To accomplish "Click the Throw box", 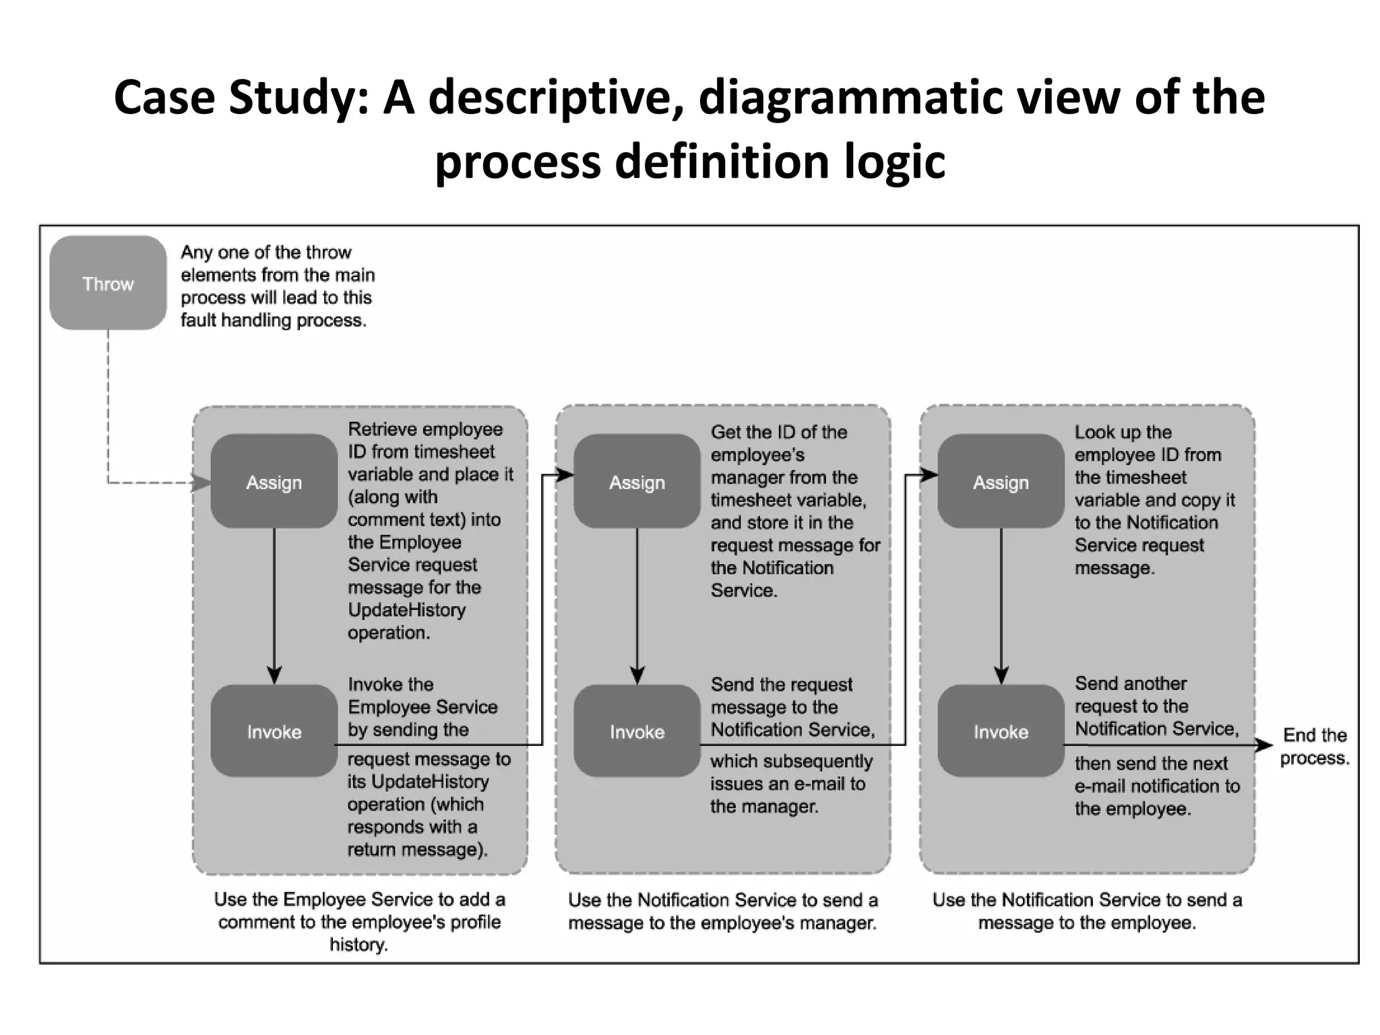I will point(108,283).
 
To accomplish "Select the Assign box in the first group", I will point(274,482).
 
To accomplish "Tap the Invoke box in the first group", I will point(274,731).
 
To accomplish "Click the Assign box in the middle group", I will point(637,482).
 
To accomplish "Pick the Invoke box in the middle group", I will point(637,731).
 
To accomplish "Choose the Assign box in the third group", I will point(1001,482).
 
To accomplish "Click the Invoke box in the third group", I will point(1001,731).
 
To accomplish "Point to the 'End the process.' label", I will point(1314,746).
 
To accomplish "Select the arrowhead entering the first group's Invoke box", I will point(274,675).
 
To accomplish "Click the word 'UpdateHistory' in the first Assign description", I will point(406,610).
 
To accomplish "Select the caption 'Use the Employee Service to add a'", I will point(359,900).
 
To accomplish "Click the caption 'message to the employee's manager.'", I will point(722,922).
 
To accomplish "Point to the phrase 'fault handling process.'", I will point(273,320).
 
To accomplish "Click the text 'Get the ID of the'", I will point(778,432).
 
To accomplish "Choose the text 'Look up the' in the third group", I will point(1123,432).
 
